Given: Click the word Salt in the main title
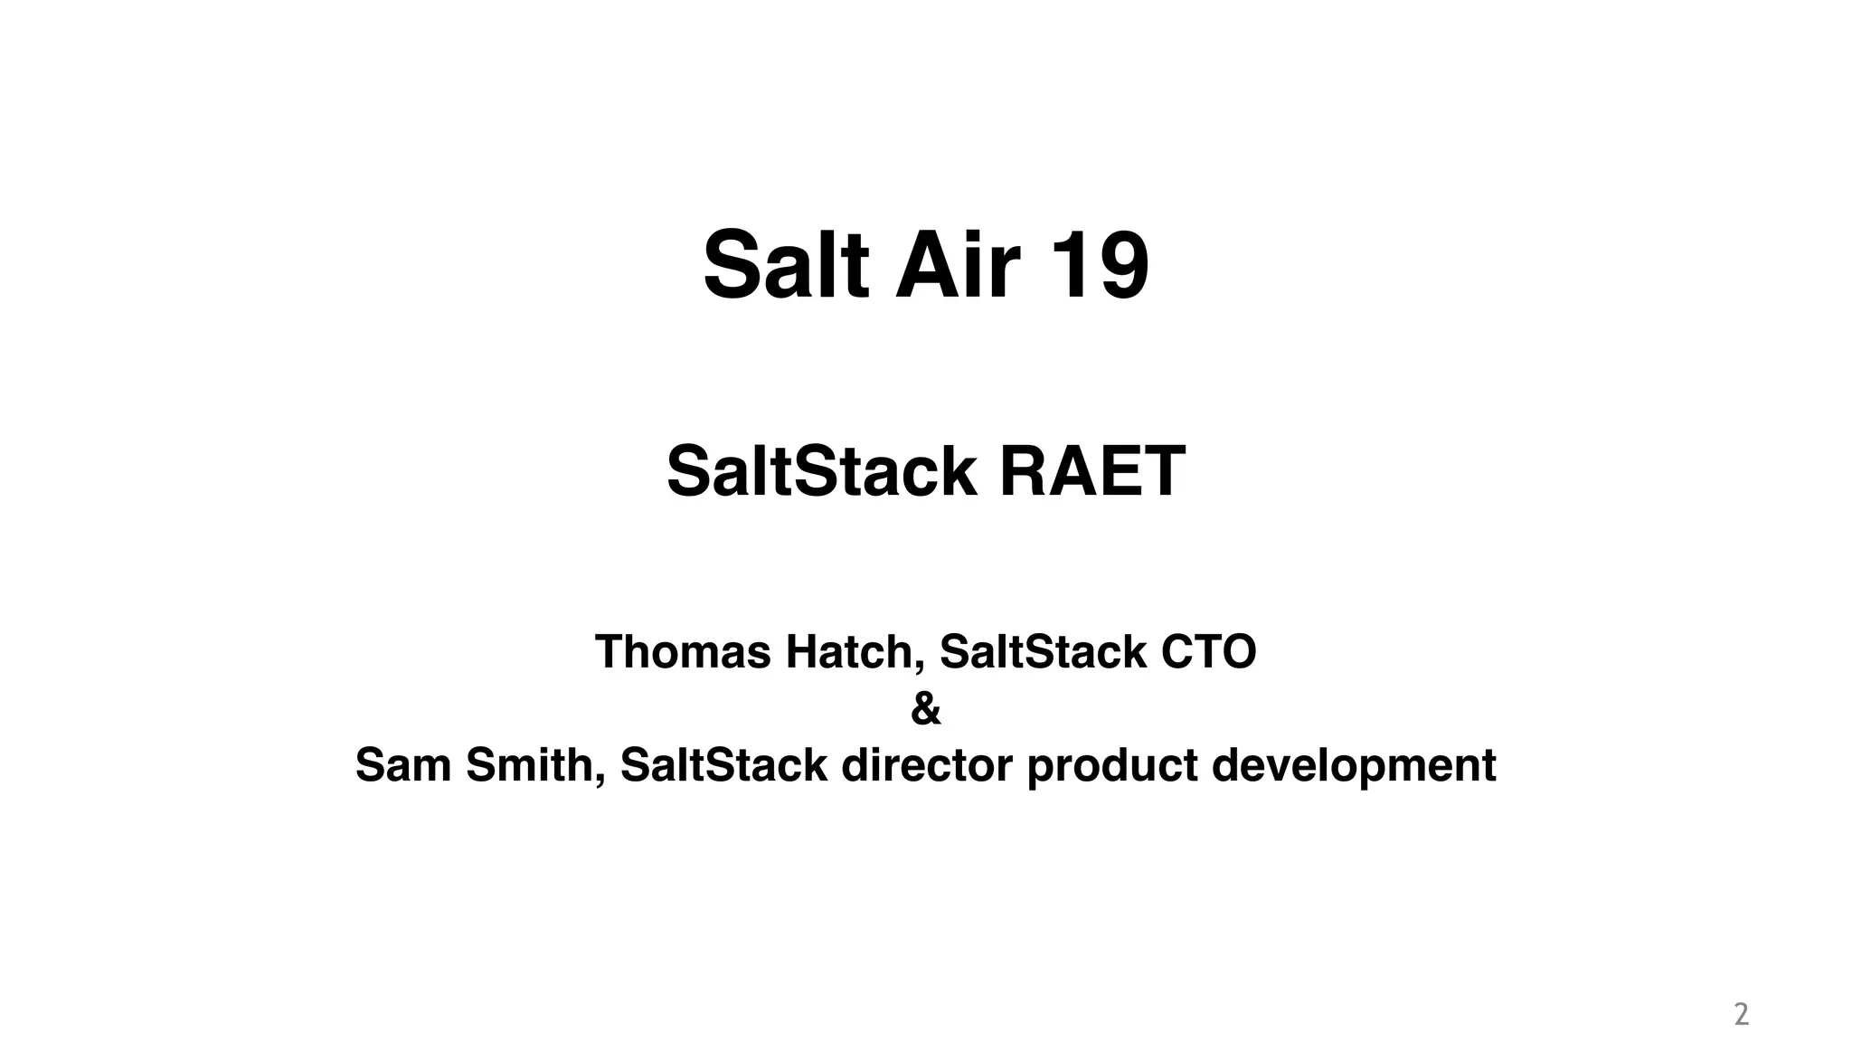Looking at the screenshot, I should [786, 265].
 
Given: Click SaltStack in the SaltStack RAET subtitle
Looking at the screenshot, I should [821, 471].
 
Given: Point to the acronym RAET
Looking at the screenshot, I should [1091, 471].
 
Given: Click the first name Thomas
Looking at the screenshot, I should [683, 651].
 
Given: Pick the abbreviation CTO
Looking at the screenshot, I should [1209, 651].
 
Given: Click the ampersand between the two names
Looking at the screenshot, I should [926, 708].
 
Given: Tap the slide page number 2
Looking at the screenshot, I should [1741, 1014].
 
